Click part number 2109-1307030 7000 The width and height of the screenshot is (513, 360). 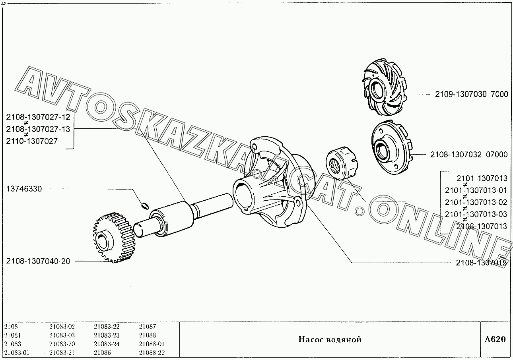pyautogui.click(x=471, y=94)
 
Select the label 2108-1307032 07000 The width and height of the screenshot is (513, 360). pyautogui.click(x=469, y=154)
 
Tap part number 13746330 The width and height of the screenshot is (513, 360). pyautogui.click(x=24, y=189)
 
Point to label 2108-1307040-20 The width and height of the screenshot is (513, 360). pyautogui.click(x=38, y=261)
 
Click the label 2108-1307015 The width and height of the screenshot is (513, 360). pyautogui.click(x=481, y=263)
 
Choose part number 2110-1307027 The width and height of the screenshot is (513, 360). pyautogui.click(x=32, y=141)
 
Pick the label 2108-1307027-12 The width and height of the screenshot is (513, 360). pyautogui.click(x=38, y=117)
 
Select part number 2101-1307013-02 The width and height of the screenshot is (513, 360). pyautogui.click(x=476, y=202)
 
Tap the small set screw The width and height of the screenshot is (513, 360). pyautogui.click(x=145, y=205)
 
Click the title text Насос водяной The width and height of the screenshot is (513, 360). pyautogui.click(x=330, y=339)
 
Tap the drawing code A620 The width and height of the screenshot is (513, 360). pyautogui.click(x=495, y=339)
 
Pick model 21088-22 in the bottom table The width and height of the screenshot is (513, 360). pyautogui.click(x=152, y=352)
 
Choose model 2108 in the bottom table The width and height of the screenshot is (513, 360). pyautogui.click(x=11, y=326)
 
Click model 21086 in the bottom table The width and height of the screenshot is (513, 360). pyautogui.click(x=102, y=352)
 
